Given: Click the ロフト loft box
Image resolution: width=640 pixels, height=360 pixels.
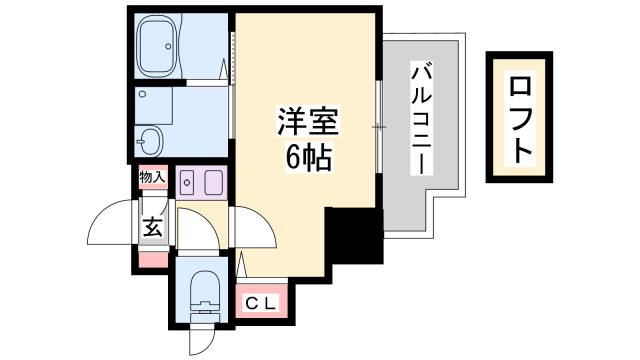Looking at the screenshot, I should tap(520, 117).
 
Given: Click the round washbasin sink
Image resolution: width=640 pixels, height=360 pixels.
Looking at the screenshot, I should tap(152, 138).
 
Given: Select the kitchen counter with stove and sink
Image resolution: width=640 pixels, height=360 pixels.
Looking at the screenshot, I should tap(203, 183).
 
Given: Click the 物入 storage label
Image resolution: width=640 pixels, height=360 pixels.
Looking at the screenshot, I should tap(152, 177).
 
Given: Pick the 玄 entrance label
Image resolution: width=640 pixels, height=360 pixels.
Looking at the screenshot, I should tap(153, 227).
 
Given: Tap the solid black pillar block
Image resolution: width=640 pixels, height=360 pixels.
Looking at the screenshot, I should tap(354, 236).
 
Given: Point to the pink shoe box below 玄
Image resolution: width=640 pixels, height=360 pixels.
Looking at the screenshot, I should tap(153, 259).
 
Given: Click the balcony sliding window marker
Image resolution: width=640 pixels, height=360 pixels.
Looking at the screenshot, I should tap(380, 127).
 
